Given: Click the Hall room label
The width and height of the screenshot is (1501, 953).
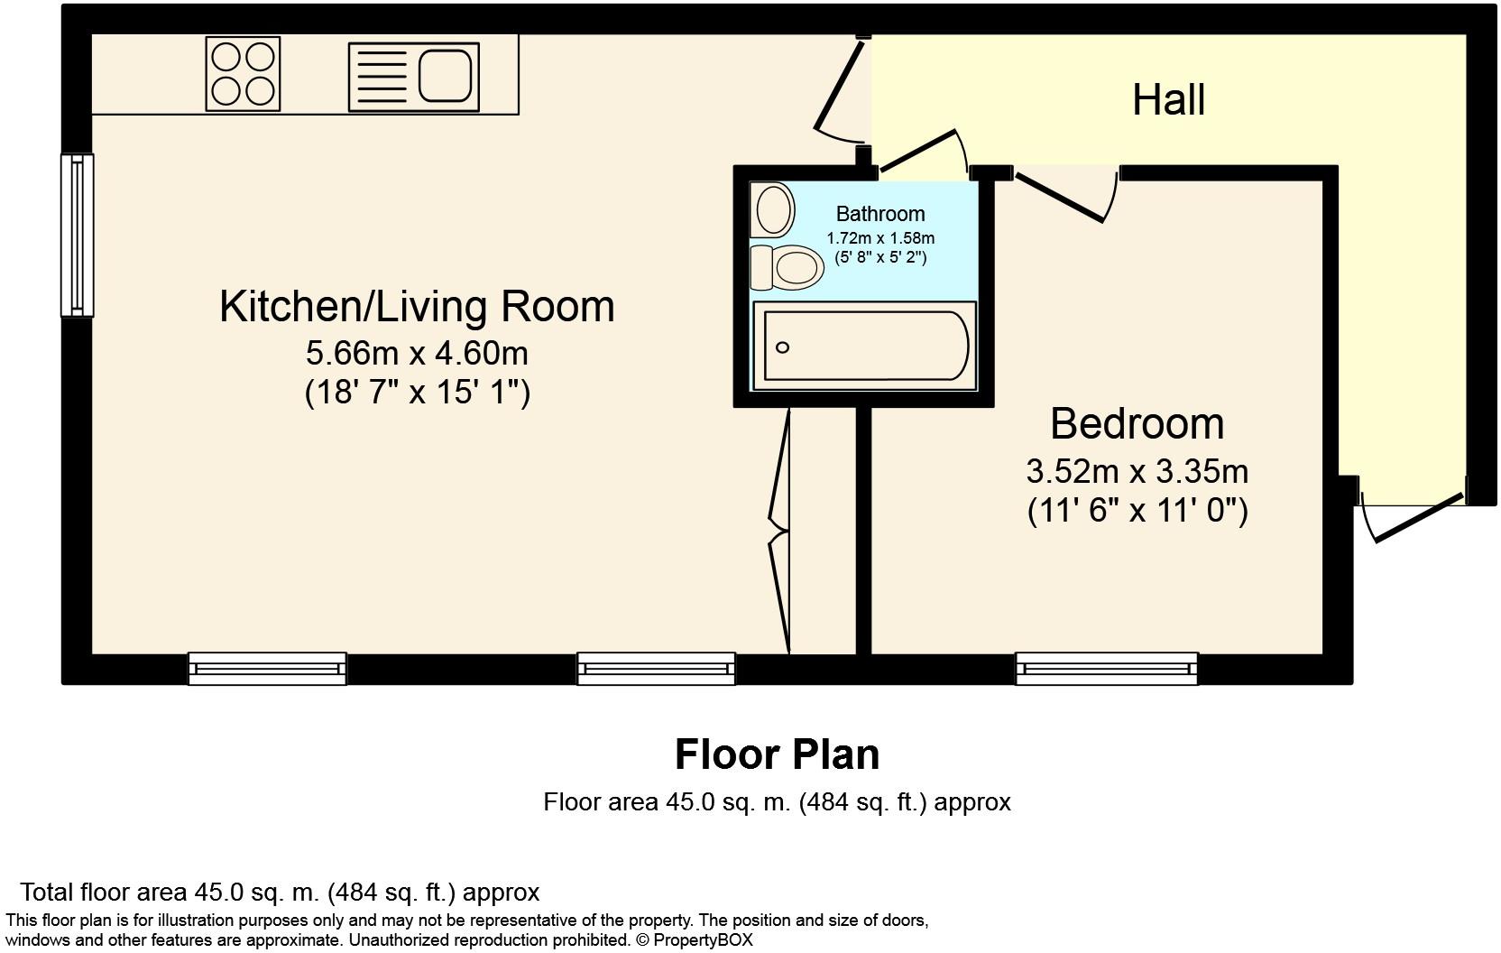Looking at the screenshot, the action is tap(1169, 100).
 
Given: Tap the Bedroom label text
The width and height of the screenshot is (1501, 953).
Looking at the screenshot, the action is tap(1137, 424).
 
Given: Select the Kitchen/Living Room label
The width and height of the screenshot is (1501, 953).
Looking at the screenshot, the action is tap(417, 307).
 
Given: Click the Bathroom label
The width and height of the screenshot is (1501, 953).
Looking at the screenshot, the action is tap(880, 214).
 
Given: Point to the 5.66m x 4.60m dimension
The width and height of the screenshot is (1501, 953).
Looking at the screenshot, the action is tap(417, 353).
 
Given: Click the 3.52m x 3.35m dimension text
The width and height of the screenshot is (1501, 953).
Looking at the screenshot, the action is tap(1137, 472).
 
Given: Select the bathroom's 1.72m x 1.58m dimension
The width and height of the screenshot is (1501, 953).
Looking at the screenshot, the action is tap(880, 238).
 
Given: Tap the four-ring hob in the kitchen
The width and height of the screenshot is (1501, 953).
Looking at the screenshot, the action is tap(243, 74).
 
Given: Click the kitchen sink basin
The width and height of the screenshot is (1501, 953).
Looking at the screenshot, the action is tap(446, 76).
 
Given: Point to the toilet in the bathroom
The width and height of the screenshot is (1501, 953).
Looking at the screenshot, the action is tap(787, 267).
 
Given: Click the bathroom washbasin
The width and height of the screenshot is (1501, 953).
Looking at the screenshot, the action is tap(772, 209).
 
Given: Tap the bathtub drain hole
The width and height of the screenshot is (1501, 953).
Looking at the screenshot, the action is tap(782, 347).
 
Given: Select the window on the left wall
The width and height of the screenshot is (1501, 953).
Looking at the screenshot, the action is tap(77, 235).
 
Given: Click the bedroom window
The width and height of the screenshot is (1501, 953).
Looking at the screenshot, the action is tap(1107, 669).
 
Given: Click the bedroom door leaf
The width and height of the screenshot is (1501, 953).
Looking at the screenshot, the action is tap(1059, 198).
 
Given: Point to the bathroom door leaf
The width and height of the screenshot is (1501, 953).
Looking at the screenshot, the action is tap(918, 150).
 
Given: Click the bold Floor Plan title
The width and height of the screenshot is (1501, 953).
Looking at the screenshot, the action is tap(777, 754).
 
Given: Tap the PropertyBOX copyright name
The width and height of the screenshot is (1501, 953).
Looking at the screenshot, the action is tap(703, 939).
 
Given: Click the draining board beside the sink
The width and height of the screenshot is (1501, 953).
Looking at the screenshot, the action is tap(382, 77).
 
